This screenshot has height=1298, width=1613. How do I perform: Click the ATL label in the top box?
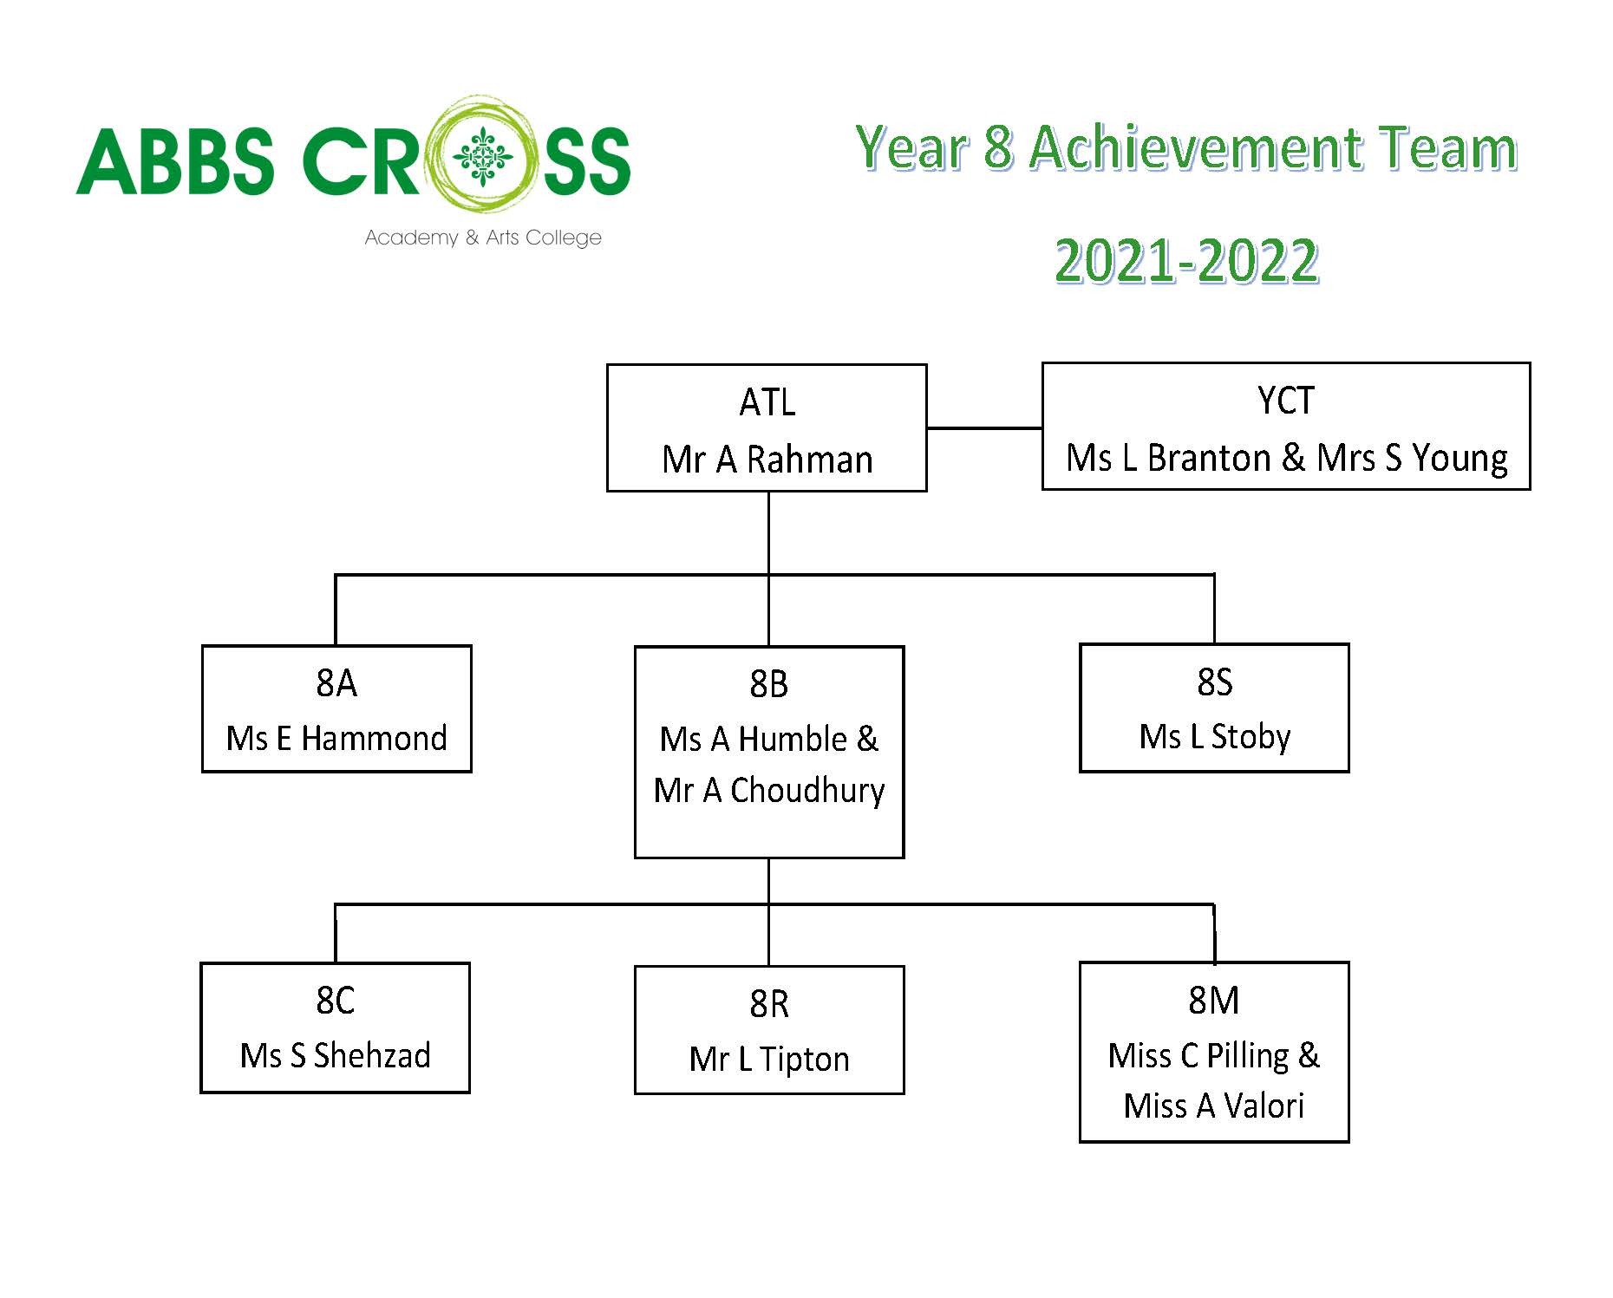pyautogui.click(x=767, y=402)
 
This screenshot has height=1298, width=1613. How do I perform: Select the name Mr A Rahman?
pyautogui.click(x=767, y=460)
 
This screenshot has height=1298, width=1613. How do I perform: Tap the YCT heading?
pyautogui.click(x=1286, y=401)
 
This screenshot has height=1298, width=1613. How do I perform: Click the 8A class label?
pyautogui.click(x=336, y=683)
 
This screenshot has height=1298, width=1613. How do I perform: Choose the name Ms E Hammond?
pyautogui.click(x=336, y=739)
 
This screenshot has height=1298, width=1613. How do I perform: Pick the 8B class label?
pyautogui.click(x=769, y=684)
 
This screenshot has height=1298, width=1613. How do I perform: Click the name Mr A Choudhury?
pyautogui.click(x=769, y=791)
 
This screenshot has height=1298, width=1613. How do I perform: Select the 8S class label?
pyautogui.click(x=1214, y=682)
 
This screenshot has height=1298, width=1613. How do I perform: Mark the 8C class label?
pyautogui.click(x=336, y=1001)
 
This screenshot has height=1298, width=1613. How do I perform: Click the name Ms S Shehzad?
pyautogui.click(x=336, y=1056)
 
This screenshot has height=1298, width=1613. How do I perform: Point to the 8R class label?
pyautogui.click(x=769, y=1004)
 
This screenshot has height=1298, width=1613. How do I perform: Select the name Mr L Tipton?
pyautogui.click(x=769, y=1060)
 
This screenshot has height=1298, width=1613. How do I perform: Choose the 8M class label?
pyautogui.click(x=1214, y=1001)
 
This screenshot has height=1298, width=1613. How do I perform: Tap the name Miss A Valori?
pyautogui.click(x=1214, y=1106)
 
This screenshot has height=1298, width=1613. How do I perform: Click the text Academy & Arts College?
pyautogui.click(x=483, y=238)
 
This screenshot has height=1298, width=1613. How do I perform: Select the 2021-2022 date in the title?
pyautogui.click(x=1187, y=261)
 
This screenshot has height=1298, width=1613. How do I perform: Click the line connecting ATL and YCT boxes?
pyautogui.click(x=984, y=427)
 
